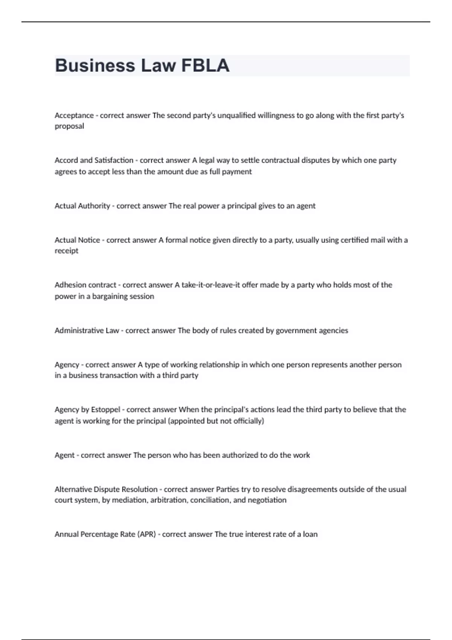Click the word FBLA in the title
coord(205,66)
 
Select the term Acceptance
coord(74,115)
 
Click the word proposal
coord(69,126)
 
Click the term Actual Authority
coord(82,206)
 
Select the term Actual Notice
coord(77,240)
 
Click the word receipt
coord(66,251)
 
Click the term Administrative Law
coord(87,331)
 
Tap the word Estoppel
coord(105,410)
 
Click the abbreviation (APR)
coord(147,534)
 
